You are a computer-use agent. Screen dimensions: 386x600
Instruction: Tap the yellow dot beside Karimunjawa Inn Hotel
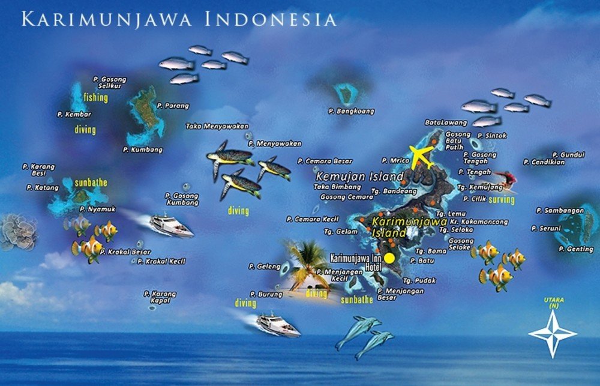coord(389,258)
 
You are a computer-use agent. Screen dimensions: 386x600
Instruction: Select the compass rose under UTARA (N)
coord(551,334)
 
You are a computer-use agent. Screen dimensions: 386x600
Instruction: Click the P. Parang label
coord(173,106)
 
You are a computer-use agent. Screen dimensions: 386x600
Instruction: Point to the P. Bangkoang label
coord(351,111)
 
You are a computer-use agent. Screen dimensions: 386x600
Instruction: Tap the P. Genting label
coord(576,249)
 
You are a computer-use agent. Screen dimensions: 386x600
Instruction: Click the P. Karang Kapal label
coord(160,297)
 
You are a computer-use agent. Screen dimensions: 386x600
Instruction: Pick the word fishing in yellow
coord(96,97)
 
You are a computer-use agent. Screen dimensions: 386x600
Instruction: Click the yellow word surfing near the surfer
coord(502,200)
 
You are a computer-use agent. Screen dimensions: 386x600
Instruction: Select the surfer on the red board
coord(505,178)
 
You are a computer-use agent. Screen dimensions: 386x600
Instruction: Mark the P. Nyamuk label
coord(97,209)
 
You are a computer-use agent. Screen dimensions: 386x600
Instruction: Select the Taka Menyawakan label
coord(212,126)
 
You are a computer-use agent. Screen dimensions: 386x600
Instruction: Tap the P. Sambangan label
coord(560,211)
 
